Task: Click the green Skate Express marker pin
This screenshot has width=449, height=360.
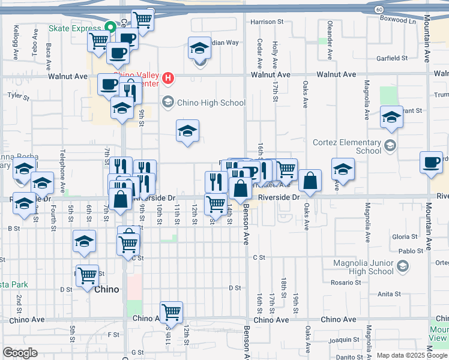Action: click(x=110, y=27)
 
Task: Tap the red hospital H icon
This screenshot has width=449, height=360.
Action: click(x=169, y=77)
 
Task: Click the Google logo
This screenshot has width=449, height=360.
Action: click(x=20, y=353)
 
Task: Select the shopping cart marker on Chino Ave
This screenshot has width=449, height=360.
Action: click(x=171, y=312)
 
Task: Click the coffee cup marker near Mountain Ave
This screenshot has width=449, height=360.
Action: click(x=432, y=163)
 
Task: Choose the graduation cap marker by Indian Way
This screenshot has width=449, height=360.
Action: click(x=200, y=48)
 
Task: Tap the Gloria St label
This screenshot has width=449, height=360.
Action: click(x=405, y=237)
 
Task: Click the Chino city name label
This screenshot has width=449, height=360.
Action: click(x=107, y=289)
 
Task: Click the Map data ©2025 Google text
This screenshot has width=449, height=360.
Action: click(x=411, y=355)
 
